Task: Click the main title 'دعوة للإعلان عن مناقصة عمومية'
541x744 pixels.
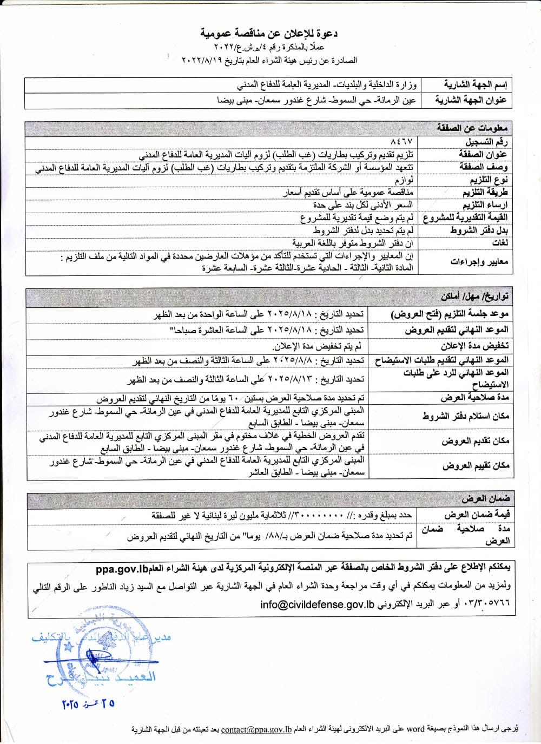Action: point(269,34)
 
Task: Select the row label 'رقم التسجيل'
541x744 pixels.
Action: point(486,142)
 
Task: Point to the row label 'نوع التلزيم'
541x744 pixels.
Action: point(485,180)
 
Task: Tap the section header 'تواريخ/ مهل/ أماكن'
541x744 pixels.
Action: point(474,297)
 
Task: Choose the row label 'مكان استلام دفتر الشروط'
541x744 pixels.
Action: point(473,417)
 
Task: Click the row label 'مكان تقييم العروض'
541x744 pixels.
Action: point(476,466)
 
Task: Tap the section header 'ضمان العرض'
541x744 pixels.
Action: point(486,498)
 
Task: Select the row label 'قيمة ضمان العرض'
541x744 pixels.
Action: point(477,515)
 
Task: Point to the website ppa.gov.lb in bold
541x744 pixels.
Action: point(122,569)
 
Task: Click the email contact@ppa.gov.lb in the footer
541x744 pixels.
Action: point(256,729)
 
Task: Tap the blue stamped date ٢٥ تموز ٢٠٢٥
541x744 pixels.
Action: point(88,704)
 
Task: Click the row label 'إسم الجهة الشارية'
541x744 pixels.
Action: point(476,85)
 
